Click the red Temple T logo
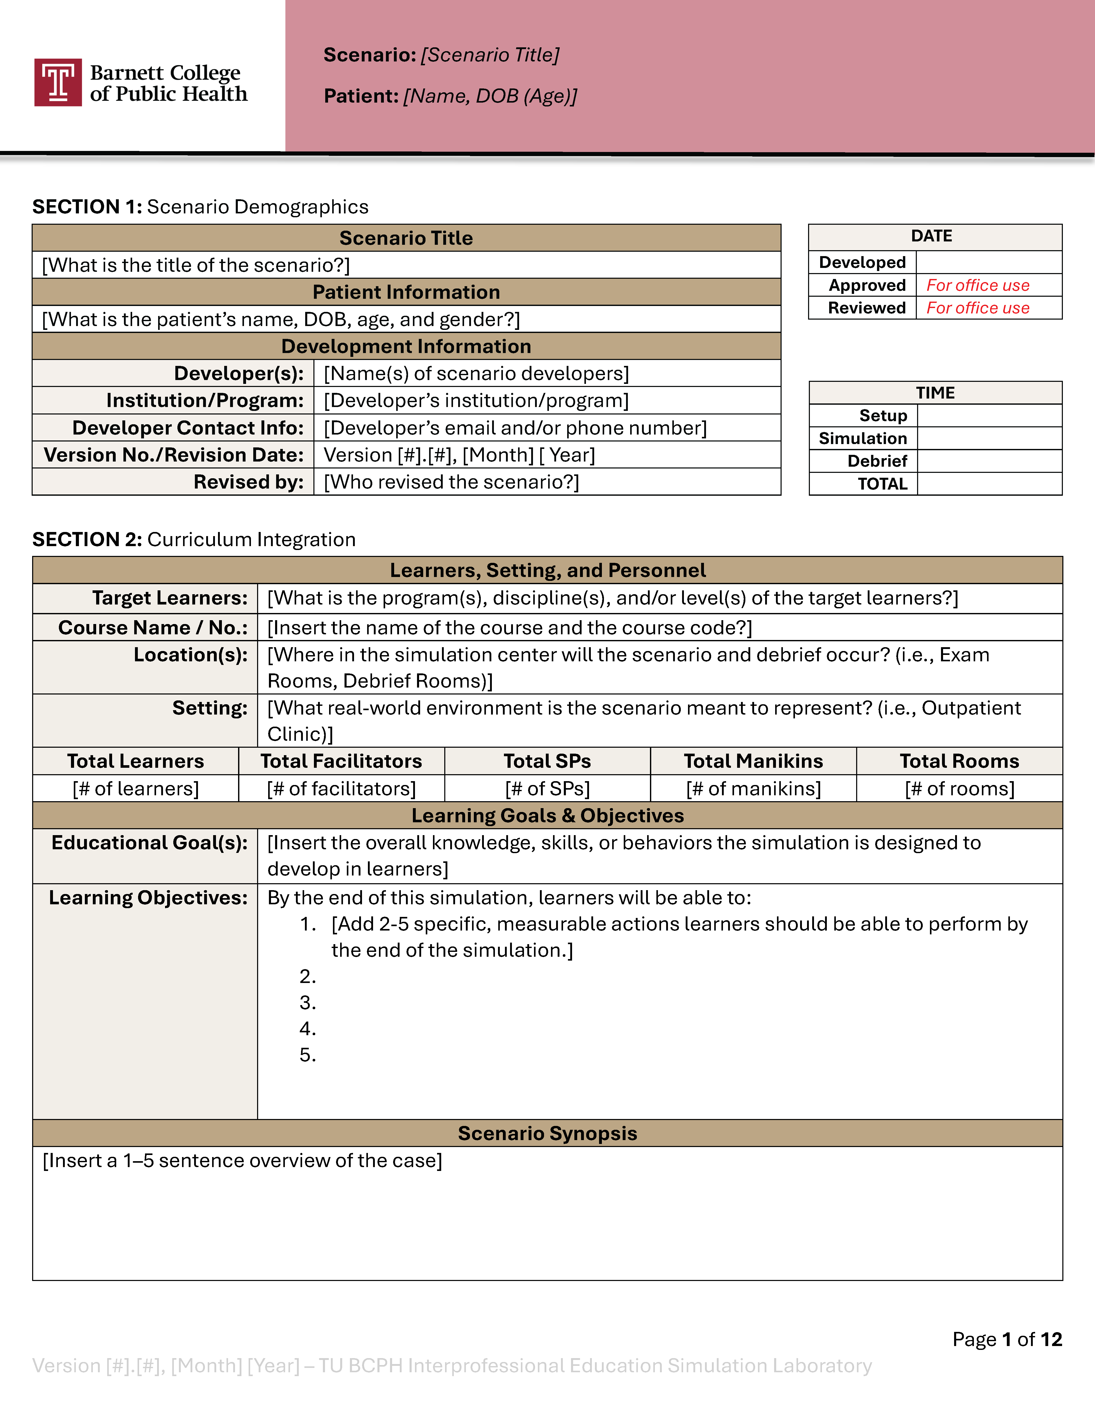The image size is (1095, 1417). (x=58, y=82)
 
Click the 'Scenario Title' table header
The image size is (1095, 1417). (x=406, y=238)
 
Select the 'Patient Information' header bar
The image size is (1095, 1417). (x=406, y=292)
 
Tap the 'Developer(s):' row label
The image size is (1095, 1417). (x=239, y=374)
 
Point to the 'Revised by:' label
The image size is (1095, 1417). (x=248, y=482)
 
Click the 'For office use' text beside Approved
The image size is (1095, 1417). (x=978, y=285)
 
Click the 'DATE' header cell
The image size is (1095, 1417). (x=931, y=236)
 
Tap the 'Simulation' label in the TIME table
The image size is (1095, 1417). (x=863, y=439)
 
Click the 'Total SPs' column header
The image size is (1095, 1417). (x=548, y=761)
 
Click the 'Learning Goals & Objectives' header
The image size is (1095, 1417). (x=548, y=816)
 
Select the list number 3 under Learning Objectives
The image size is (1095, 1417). (x=307, y=1003)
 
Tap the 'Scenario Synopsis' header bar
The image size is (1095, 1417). (x=548, y=1133)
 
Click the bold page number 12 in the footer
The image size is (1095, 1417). (x=1051, y=1339)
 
